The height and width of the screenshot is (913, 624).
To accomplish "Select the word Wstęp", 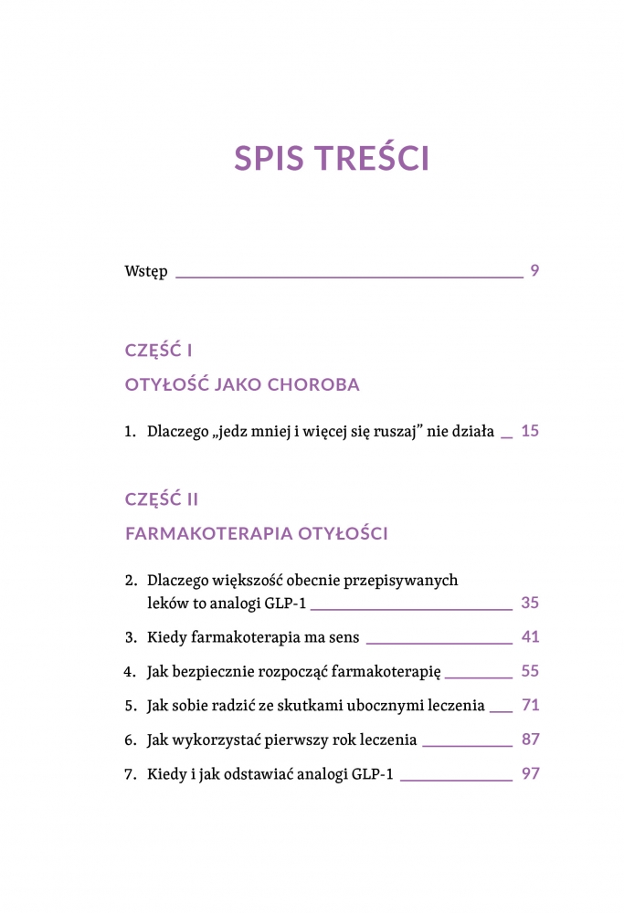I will [145, 272].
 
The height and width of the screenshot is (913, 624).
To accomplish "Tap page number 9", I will [534, 270].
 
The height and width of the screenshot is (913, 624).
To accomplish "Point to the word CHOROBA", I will [313, 384].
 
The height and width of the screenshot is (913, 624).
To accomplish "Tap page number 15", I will [530, 431].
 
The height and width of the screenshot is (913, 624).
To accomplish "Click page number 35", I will [530, 603].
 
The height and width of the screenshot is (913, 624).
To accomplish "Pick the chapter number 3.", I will [129, 637].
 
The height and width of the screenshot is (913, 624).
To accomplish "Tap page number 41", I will [530, 636].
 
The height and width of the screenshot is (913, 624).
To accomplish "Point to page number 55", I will [530, 671].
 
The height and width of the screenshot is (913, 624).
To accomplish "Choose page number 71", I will [530, 705].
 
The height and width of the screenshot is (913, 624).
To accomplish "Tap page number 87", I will [530, 739].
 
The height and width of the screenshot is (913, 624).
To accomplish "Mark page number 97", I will [530, 773].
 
